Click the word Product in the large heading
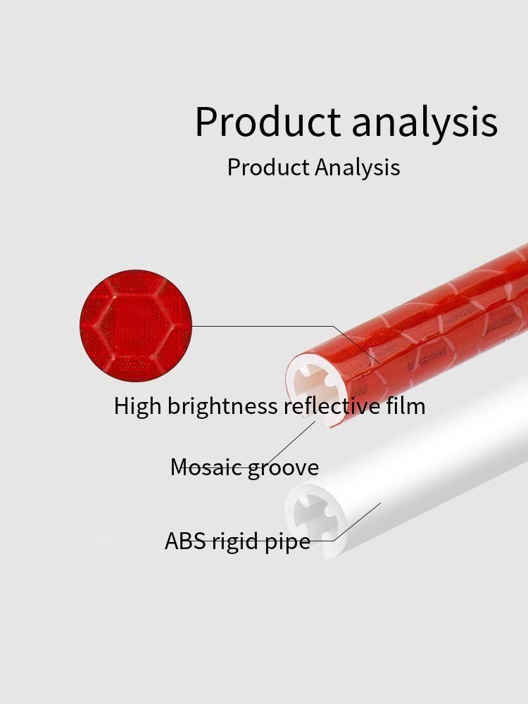tap(268, 122)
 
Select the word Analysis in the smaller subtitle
tap(357, 168)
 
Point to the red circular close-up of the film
tap(136, 325)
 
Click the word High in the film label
tap(137, 406)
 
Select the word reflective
tap(332, 406)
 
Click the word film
tap(406, 406)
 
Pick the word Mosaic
tap(207, 467)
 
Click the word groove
tap(283, 469)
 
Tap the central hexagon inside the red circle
tap(136, 327)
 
